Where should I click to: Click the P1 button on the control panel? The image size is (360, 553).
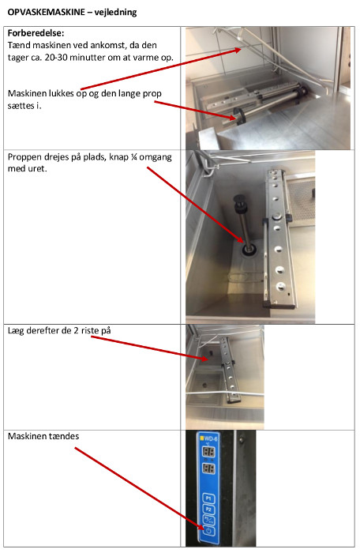point(208,498)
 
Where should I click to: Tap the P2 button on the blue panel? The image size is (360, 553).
point(208,510)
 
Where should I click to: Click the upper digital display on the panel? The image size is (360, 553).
point(208,452)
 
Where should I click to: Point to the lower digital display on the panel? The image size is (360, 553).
point(208,468)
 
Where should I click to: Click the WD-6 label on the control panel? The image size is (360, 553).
point(212,439)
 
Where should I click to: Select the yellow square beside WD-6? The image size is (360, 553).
point(202,438)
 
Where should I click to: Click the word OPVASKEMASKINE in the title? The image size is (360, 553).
point(47,13)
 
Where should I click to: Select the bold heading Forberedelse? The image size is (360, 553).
point(36,33)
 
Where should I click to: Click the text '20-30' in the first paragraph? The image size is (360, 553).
point(56,57)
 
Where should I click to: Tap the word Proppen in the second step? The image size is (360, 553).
point(22,157)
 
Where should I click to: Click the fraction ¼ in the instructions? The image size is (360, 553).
point(133,157)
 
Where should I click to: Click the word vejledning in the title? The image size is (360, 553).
point(115,13)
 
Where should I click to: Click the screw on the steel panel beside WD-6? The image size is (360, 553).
point(241,440)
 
